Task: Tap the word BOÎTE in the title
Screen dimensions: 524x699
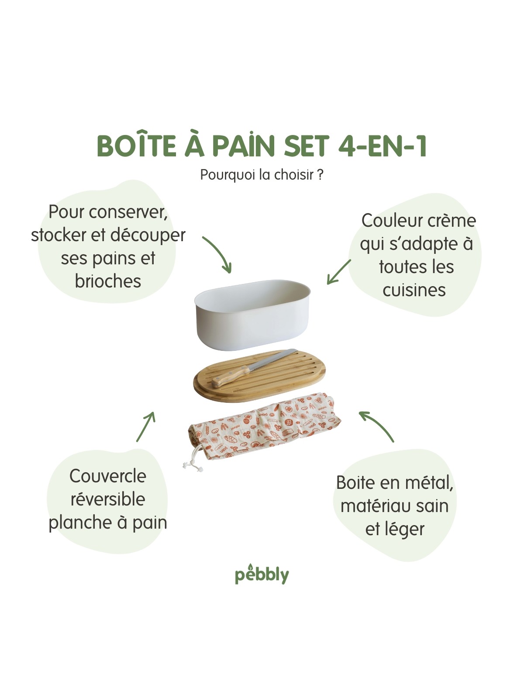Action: click(x=137, y=145)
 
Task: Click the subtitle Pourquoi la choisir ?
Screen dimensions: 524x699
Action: click(x=262, y=174)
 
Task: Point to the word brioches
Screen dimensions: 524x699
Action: click(x=108, y=281)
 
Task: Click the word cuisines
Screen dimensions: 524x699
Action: click(x=414, y=290)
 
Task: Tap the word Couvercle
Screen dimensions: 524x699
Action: click(x=108, y=476)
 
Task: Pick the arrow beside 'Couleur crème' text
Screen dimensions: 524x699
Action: click(x=339, y=272)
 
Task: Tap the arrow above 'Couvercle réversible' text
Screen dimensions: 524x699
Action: click(x=146, y=426)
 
